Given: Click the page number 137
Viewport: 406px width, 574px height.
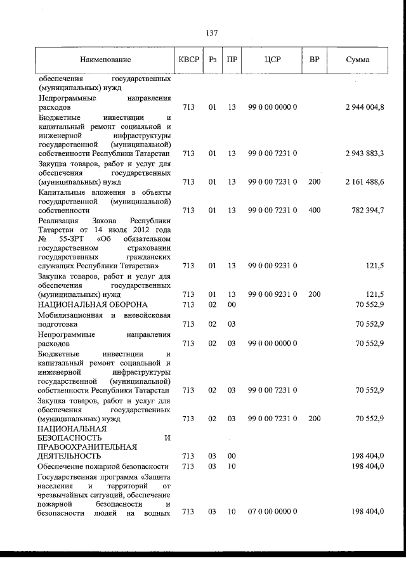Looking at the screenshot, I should click(x=212, y=34).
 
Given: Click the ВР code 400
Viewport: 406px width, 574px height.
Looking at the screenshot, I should click(x=314, y=210).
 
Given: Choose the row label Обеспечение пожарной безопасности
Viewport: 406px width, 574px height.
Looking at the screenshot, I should click(x=99, y=466).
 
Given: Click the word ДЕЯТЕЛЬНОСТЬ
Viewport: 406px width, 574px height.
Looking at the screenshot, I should click(x=70, y=455).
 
